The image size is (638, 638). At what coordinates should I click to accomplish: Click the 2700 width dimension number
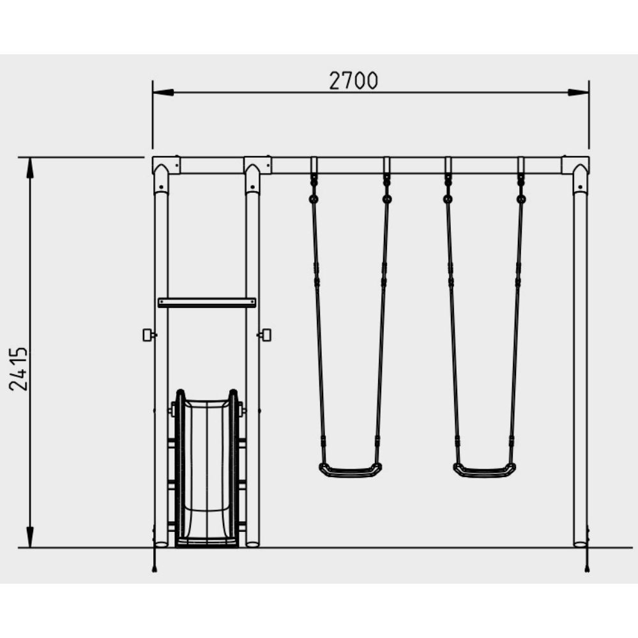click(353, 80)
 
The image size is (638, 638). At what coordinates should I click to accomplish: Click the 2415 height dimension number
click(19, 368)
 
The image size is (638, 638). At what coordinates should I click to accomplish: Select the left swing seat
click(351, 470)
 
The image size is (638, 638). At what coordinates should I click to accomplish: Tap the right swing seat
click(484, 470)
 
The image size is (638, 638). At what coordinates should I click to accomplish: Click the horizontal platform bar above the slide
click(207, 302)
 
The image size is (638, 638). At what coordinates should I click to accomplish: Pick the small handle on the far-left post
click(149, 335)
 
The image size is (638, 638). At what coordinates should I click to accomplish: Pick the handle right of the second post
click(265, 335)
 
